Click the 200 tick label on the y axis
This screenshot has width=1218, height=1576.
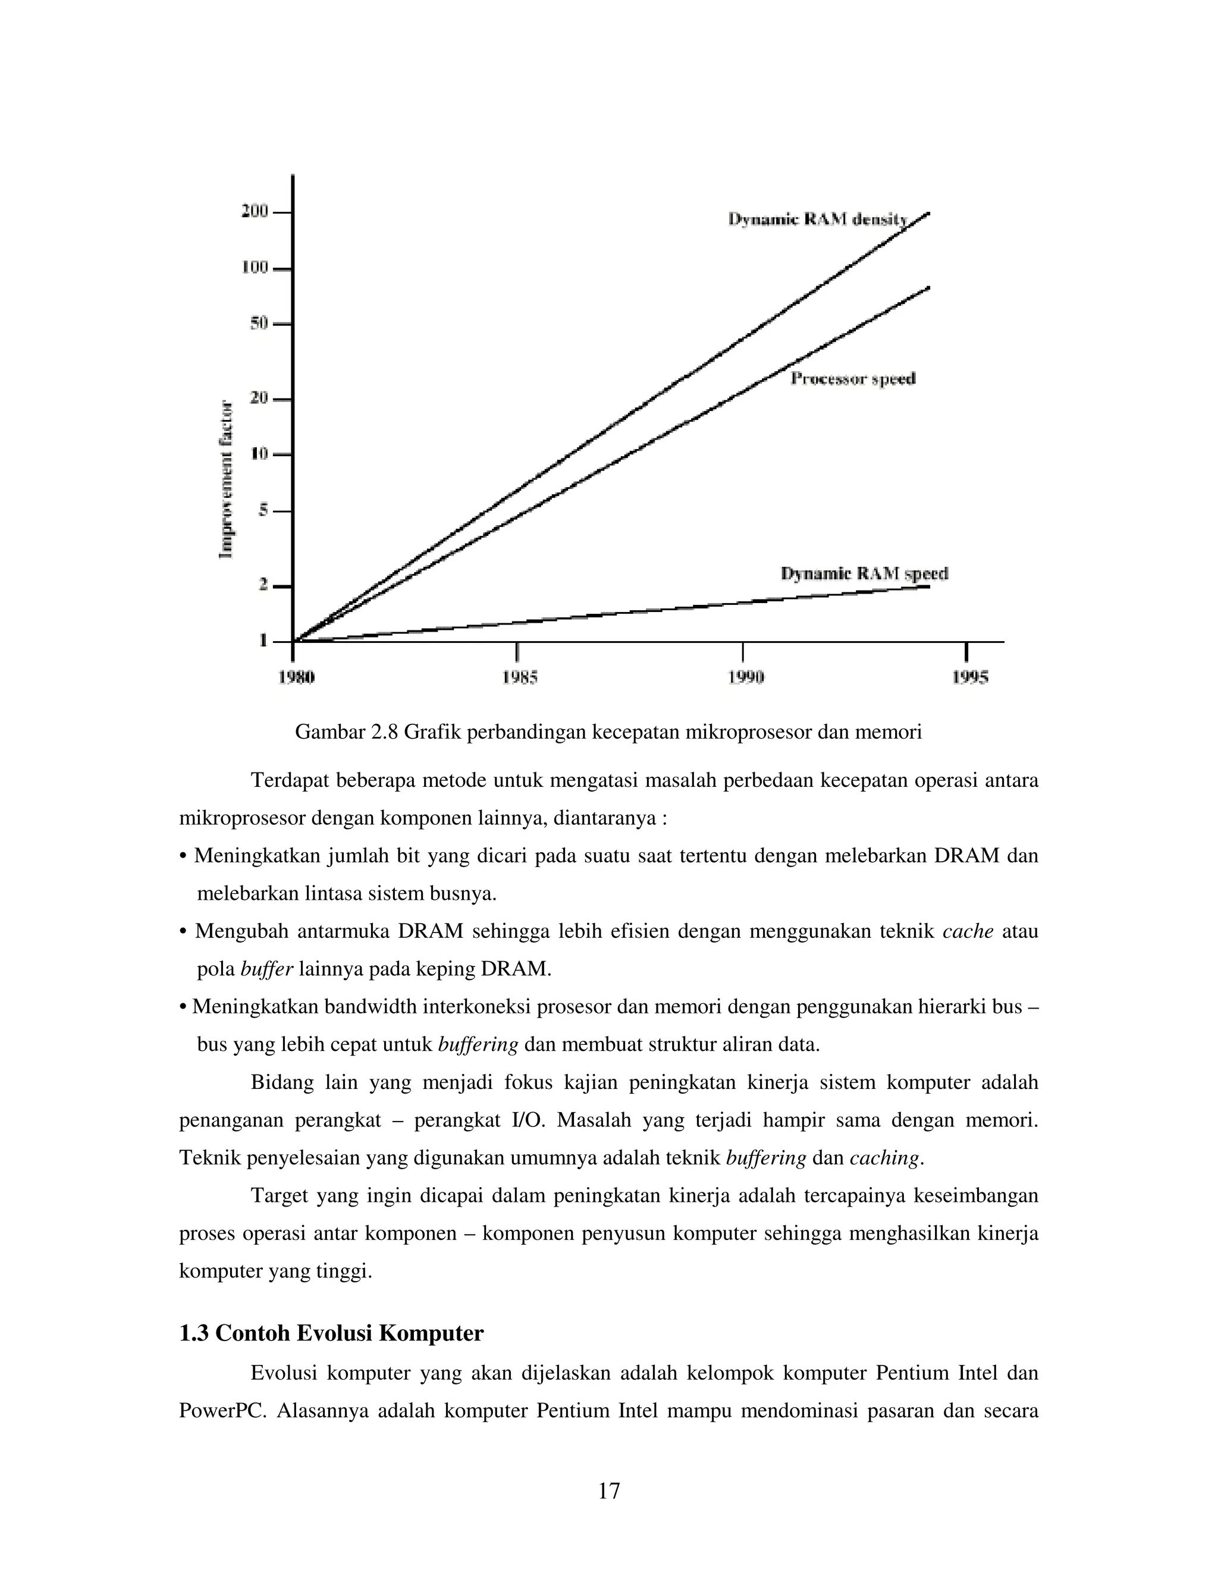point(254,212)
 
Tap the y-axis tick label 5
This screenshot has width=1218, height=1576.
point(263,510)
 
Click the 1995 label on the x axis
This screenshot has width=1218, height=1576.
point(969,677)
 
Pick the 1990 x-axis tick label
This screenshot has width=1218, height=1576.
point(744,677)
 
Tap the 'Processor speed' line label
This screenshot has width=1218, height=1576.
point(853,379)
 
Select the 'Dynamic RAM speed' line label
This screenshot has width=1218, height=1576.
point(864,574)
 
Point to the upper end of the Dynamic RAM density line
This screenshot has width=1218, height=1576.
point(927,214)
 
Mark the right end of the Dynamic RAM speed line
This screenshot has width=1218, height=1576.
point(927,586)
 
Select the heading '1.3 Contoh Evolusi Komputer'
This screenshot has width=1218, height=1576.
point(331,1332)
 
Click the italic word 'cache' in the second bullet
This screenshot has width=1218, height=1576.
point(968,931)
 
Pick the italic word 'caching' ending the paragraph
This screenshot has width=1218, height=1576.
point(884,1158)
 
